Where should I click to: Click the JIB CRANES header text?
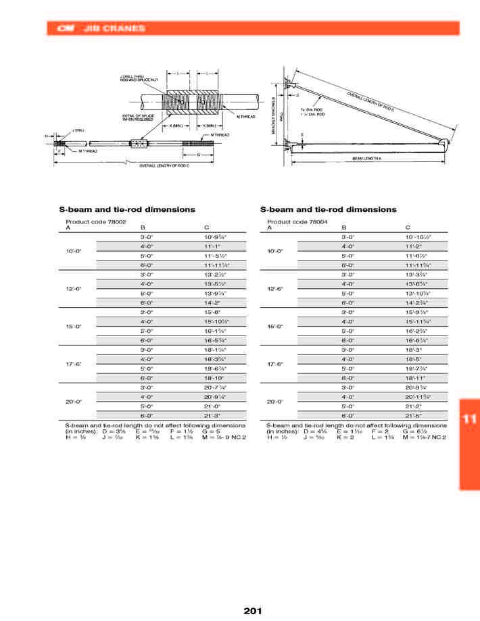pyautogui.click(x=113, y=28)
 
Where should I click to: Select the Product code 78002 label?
pyautogui.click(x=96, y=221)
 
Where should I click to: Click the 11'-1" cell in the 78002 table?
pyautogui.click(x=211, y=246)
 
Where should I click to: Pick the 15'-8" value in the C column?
pyautogui.click(x=212, y=313)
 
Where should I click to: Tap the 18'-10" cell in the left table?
pyautogui.click(x=213, y=378)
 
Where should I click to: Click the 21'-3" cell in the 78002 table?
pyautogui.click(x=212, y=416)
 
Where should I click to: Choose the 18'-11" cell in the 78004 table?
pyautogui.click(x=414, y=378)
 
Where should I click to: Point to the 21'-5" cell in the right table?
pyautogui.click(x=413, y=416)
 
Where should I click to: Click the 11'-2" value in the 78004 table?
pyautogui.click(x=412, y=246)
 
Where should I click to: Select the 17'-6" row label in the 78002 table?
pyautogui.click(x=73, y=364)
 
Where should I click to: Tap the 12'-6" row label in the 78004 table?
pyautogui.click(x=274, y=289)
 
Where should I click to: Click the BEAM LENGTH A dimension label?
pyautogui.click(x=367, y=158)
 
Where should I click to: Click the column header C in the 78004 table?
pyautogui.click(x=407, y=228)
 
